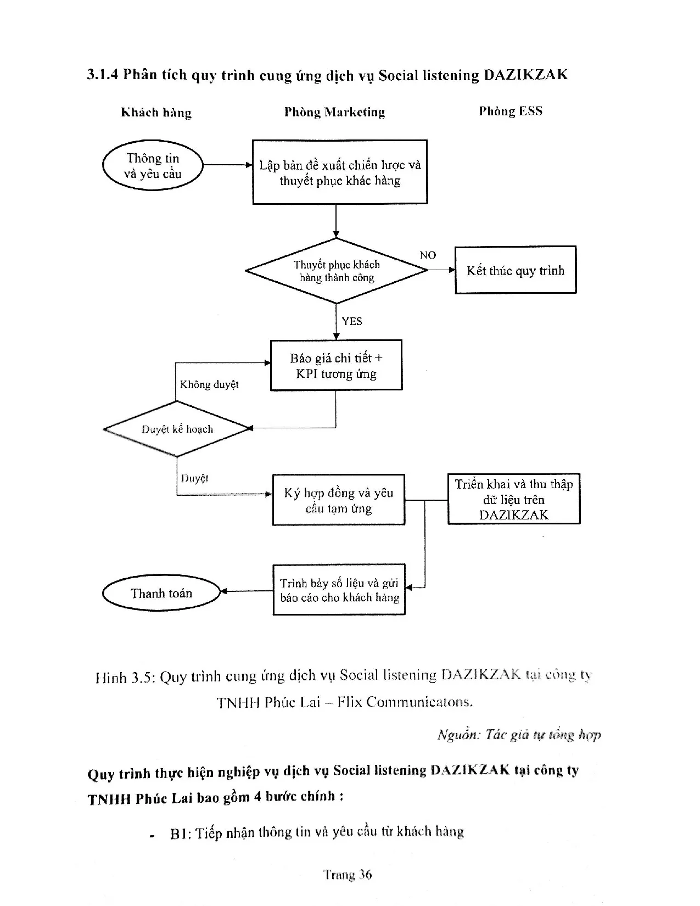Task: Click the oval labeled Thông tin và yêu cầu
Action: (153, 165)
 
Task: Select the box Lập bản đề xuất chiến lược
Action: (340, 172)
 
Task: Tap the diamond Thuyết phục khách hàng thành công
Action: (336, 271)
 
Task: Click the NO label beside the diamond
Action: (428, 255)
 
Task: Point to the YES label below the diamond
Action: (352, 321)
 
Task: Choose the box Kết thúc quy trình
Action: (516, 270)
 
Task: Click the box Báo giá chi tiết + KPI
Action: (336, 366)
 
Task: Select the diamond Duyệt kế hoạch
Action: (177, 429)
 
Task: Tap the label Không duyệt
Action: (209, 384)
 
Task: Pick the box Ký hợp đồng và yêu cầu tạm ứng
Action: (339, 500)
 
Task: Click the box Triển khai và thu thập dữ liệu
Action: (514, 499)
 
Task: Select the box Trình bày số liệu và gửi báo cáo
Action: (339, 590)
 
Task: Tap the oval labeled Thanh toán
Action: (161, 593)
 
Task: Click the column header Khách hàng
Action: (156, 113)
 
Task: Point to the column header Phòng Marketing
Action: (334, 112)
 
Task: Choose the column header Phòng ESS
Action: (511, 111)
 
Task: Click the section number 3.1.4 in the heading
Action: (103, 75)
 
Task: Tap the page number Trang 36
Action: (348, 875)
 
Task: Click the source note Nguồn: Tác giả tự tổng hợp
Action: (519, 735)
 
